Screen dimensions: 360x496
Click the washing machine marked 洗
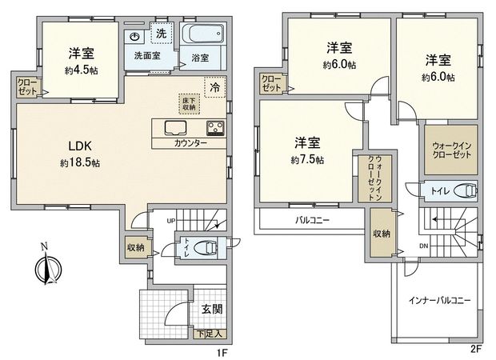tap(162, 34)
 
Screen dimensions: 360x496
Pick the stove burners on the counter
tap(215, 127)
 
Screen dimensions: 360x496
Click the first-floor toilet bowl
tap(206, 247)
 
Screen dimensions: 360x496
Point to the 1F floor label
tap(226, 350)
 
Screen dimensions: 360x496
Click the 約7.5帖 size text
tap(307, 160)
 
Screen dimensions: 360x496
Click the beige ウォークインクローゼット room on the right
tap(450, 150)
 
